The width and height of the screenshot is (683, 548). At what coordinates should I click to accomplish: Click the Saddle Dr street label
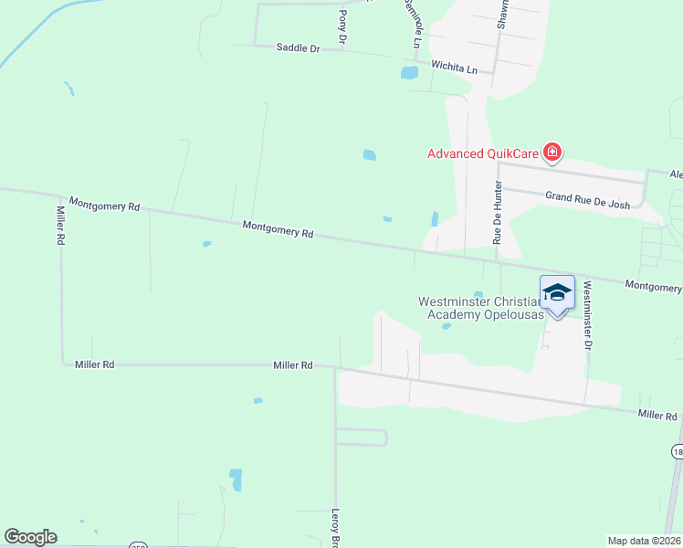click(x=298, y=47)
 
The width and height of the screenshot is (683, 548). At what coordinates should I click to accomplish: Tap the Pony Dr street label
click(x=343, y=27)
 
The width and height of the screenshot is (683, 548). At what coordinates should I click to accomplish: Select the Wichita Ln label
click(x=454, y=68)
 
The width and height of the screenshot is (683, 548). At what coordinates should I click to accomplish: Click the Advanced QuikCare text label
click(x=481, y=153)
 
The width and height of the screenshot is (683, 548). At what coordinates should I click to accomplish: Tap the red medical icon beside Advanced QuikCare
click(x=552, y=153)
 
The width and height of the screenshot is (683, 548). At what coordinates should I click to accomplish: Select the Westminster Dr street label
click(x=588, y=315)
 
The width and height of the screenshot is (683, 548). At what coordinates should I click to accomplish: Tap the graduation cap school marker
click(x=557, y=294)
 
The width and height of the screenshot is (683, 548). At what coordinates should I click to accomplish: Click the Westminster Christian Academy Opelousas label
click(x=481, y=308)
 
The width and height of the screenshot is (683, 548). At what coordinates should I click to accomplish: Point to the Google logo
click(x=30, y=537)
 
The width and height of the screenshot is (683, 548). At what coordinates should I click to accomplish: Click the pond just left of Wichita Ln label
click(x=408, y=71)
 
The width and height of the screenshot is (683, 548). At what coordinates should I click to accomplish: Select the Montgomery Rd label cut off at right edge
click(x=653, y=287)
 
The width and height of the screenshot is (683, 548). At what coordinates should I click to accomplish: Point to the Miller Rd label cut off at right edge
click(x=657, y=416)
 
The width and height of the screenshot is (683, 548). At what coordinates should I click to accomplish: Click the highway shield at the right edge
click(x=677, y=451)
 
